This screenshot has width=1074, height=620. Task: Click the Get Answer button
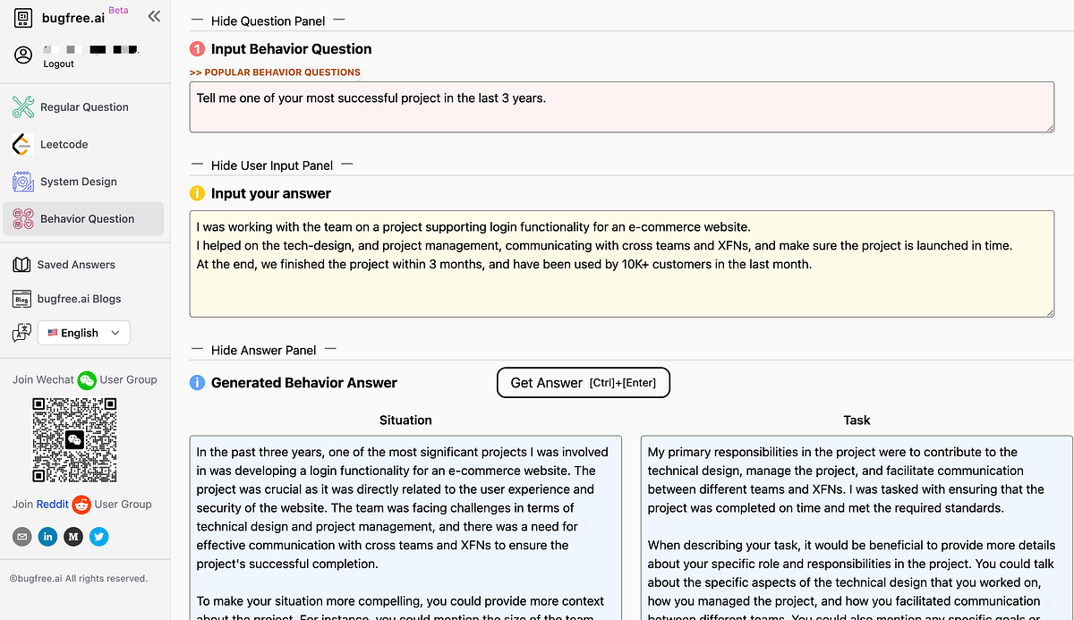pyautogui.click(x=583, y=383)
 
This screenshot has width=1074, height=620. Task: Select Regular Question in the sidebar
pyautogui.click(x=84, y=107)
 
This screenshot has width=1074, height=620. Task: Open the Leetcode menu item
pyautogui.click(x=64, y=144)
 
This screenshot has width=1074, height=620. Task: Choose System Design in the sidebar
pyautogui.click(x=78, y=182)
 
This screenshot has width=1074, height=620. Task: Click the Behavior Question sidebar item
pyautogui.click(x=87, y=219)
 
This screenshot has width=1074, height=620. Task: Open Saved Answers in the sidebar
pyautogui.click(x=76, y=265)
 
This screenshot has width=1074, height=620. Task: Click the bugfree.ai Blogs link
pyautogui.click(x=79, y=299)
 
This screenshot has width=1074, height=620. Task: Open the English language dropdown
pyautogui.click(x=83, y=333)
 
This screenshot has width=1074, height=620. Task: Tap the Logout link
pyautogui.click(x=59, y=64)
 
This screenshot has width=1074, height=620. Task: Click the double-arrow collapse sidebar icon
pyautogui.click(x=154, y=16)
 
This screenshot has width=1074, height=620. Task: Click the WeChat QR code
pyautogui.click(x=74, y=439)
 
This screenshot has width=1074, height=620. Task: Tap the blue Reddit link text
pyautogui.click(x=52, y=505)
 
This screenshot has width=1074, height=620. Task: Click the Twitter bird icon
pyautogui.click(x=98, y=537)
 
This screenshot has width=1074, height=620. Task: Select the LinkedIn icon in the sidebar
pyautogui.click(x=47, y=537)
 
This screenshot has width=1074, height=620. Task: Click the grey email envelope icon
pyautogui.click(x=22, y=537)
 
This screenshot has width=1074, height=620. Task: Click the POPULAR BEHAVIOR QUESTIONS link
pyautogui.click(x=276, y=72)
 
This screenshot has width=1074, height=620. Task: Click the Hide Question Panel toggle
pyautogui.click(x=268, y=21)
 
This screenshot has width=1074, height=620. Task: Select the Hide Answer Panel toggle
pyautogui.click(x=263, y=351)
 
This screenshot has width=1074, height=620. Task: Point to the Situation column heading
pyautogui.click(x=405, y=420)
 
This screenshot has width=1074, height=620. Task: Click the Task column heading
pyautogui.click(x=857, y=420)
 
